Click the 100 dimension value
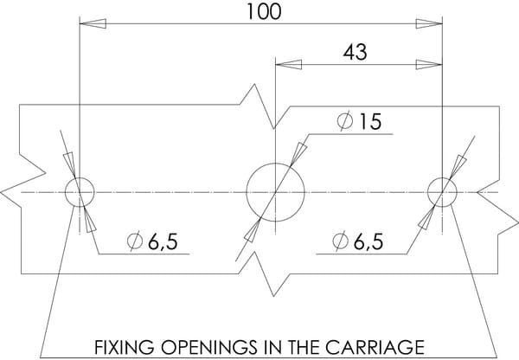pos(264,11)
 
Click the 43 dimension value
pos(356,52)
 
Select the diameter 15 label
pos(360,121)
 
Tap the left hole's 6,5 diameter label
pos(152,241)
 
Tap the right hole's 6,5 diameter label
pos(358,241)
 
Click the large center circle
pos(275,163)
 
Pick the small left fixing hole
pos(80,177)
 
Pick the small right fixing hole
pos(442,177)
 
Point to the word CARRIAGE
pos(375,347)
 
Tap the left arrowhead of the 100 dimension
pos(93,24)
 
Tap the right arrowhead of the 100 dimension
pos(429,24)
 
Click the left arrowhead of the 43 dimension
pos(289,65)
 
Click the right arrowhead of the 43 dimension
pos(429,65)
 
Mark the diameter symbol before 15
pos(345,121)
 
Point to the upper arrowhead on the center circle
pos(298,154)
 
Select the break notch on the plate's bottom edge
pos(264,274)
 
